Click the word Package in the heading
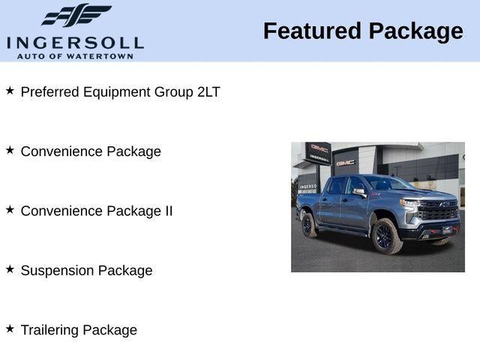[x=416, y=31]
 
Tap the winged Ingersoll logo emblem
[x=76, y=16]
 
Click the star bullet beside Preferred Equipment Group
[x=10, y=91]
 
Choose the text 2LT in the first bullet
[x=208, y=91]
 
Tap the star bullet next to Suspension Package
[x=10, y=269]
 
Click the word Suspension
[x=55, y=271]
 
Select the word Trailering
[x=49, y=330]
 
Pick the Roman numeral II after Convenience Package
[x=168, y=211]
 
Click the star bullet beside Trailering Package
[x=10, y=328]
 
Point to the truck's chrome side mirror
[x=359, y=192]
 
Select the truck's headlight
[x=412, y=203]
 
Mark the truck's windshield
[x=388, y=184]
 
